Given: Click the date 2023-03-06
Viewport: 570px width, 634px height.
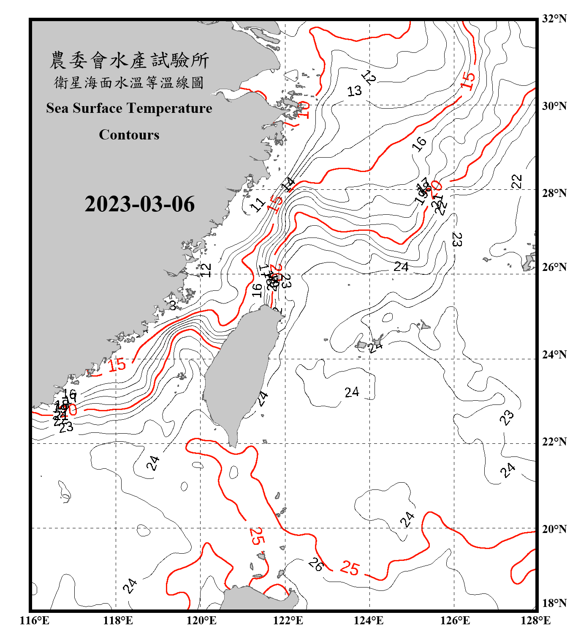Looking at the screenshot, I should tap(139, 204).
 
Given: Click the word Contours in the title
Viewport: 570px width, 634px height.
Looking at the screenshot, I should tap(129, 135).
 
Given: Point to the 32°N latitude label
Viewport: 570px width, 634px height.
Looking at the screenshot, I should tap(554, 19).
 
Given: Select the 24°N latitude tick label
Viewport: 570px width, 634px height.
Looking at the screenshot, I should tap(554, 354).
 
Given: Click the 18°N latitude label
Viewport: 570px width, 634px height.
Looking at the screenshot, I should tap(554, 603).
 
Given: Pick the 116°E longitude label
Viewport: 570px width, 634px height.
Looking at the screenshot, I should tap(35, 620).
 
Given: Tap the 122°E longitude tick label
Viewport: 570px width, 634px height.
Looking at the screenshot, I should tap(288, 620).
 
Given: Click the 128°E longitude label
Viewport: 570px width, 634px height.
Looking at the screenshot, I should tap(535, 620).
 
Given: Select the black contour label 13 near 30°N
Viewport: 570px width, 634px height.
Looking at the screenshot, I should tap(354, 91).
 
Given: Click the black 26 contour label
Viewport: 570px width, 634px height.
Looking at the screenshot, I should tap(315, 564).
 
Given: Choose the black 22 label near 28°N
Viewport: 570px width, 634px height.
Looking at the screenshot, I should tap(517, 181).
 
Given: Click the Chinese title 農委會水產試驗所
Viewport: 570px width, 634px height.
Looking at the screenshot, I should tap(129, 60).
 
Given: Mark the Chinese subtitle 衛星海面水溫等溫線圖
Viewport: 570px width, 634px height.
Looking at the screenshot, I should tap(129, 83).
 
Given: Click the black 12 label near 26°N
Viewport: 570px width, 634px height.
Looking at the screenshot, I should tap(206, 270).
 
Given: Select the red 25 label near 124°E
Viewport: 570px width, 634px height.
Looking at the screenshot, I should tap(350, 568).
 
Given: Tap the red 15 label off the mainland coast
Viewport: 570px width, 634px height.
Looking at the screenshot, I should tap(117, 364).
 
